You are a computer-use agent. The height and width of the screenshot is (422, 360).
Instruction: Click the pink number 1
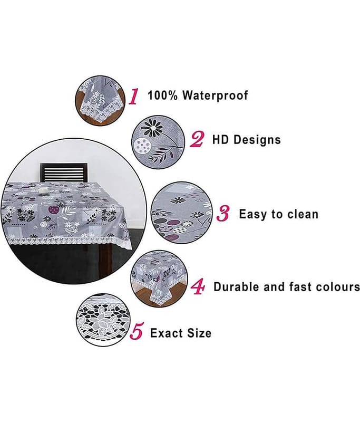point(134,97)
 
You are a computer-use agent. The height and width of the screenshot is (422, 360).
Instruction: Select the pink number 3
point(223,214)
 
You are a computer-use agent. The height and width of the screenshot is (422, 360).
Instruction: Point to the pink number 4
point(198,286)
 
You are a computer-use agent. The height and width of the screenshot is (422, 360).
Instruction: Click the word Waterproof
point(215,95)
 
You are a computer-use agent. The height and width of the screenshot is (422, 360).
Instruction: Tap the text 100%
point(163,95)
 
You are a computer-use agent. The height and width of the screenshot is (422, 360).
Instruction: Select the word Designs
point(257,140)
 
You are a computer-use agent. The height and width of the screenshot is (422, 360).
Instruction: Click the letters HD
point(220,140)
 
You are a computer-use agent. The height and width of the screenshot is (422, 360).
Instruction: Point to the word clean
point(303,214)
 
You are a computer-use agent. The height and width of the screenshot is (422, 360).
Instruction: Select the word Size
point(199,333)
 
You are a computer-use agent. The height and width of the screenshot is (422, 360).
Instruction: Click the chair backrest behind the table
point(63,172)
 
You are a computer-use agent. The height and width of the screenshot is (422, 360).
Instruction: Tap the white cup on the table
point(43,190)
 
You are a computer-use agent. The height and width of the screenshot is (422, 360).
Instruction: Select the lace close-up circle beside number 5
point(103,320)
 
